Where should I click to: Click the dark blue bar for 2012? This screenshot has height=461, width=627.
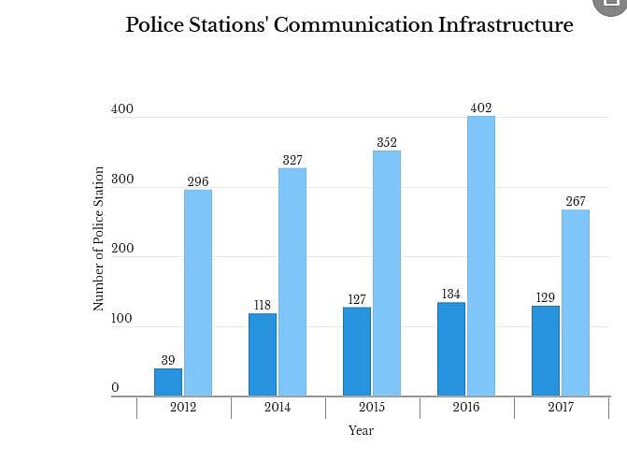[168, 382]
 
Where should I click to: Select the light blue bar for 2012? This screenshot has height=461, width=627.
[198, 293]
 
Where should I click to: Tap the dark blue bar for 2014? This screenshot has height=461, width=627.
[263, 354]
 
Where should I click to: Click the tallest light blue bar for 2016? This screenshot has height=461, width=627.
[481, 255]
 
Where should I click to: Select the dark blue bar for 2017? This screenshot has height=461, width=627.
[546, 351]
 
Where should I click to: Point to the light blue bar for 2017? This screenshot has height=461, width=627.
[576, 302]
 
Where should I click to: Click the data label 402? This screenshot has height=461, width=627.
[481, 108]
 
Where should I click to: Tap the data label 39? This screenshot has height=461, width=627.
[168, 360]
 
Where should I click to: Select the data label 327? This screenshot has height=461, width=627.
[292, 160]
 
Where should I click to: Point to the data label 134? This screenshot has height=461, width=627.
[451, 295]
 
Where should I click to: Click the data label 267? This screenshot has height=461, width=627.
[576, 201]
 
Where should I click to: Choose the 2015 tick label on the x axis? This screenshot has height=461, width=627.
[372, 408]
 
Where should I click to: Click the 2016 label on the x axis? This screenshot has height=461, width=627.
[466, 408]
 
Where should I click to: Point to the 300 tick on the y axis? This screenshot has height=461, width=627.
[123, 180]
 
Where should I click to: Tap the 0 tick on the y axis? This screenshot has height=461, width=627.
[116, 388]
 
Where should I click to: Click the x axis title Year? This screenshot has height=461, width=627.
[361, 431]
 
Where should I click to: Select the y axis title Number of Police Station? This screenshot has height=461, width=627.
[98, 238]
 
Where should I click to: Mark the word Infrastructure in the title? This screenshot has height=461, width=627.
[506, 25]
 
